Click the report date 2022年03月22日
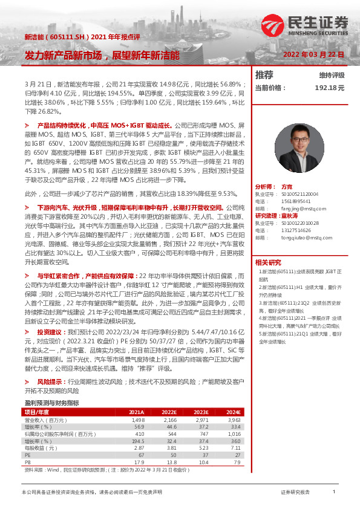coord(313,54)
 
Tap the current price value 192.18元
coord(330,88)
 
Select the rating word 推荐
coord(264,75)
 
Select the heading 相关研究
coord(267,262)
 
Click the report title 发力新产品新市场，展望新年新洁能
coord(102,55)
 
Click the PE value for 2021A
coord(140,455)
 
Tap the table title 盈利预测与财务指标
coord(51,403)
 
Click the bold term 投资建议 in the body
coord(50,332)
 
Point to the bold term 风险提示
coord(50,382)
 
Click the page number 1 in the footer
coord(333,492)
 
